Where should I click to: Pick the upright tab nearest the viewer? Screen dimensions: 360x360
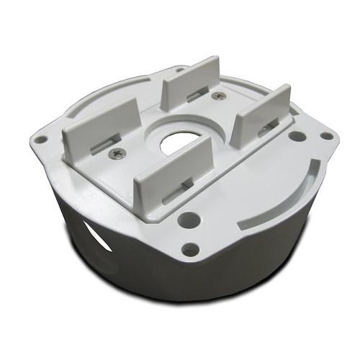coord(173,169)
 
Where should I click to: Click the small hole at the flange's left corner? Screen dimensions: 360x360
coord(42,140)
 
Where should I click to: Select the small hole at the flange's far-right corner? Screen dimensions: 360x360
coord(326,135)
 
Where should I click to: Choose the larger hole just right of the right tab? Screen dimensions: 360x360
coord(296,135)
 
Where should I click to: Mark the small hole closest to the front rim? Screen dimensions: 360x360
coord(190,249)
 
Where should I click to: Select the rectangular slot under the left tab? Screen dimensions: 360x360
coord(107,142)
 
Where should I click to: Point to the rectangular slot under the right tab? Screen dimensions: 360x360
coord(268,129)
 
